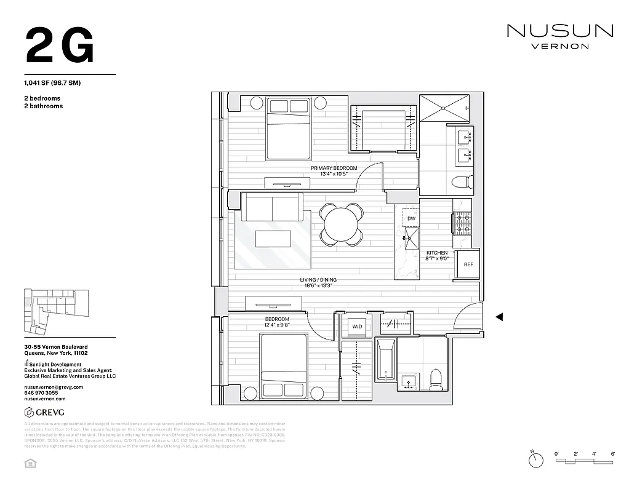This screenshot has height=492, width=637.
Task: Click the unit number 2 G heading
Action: coord(60,46)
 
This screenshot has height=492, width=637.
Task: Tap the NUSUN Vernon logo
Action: coord(559,35)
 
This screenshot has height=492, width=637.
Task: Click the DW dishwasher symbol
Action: coord(411,218)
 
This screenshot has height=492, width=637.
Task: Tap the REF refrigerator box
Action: coord(468,265)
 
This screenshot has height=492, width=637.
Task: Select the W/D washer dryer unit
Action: coord(356,327)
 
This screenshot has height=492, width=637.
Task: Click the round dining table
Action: coord(340,224)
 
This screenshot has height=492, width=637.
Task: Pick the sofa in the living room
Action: coord(271,207)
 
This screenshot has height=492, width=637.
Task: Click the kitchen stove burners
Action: coord(462,223)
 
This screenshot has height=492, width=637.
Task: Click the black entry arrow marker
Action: coord(500,317)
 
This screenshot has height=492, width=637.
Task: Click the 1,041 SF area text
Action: coord(53,82)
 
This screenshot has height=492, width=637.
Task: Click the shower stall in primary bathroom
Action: coord(444,107)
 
